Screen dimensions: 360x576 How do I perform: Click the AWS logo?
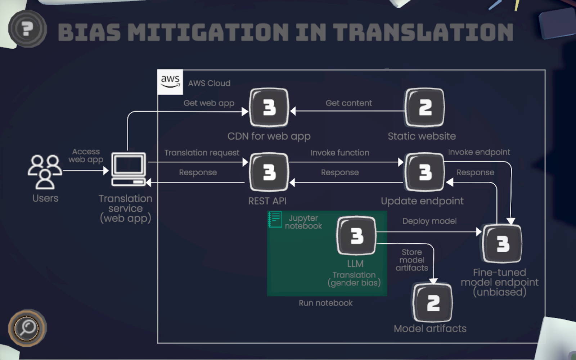[x=170, y=82]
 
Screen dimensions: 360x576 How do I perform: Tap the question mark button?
[x=27, y=29]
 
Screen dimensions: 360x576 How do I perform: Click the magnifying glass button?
[x=27, y=328]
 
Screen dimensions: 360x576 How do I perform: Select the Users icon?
[x=45, y=172]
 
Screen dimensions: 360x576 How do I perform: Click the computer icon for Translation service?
[x=129, y=169]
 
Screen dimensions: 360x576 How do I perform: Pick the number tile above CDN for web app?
[x=269, y=107]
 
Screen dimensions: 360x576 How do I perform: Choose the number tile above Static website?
[x=425, y=107]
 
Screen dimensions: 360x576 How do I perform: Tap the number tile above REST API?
[x=269, y=172]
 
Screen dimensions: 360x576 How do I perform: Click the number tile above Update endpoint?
[x=425, y=172]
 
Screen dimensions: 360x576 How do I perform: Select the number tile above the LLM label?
[x=356, y=235]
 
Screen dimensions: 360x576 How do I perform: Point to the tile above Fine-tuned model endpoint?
[x=502, y=243]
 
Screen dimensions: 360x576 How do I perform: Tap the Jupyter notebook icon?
[x=275, y=219]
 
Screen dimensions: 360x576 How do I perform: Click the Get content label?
[x=348, y=103]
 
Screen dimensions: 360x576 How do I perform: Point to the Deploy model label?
[x=429, y=221]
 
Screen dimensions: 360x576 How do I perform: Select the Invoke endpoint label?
[x=479, y=152]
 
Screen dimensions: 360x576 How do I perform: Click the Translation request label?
[x=202, y=153]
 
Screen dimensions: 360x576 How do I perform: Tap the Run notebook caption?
[x=325, y=303]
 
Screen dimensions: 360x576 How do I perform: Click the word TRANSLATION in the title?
[x=423, y=32]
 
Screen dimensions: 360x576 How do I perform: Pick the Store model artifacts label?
[x=412, y=260]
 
